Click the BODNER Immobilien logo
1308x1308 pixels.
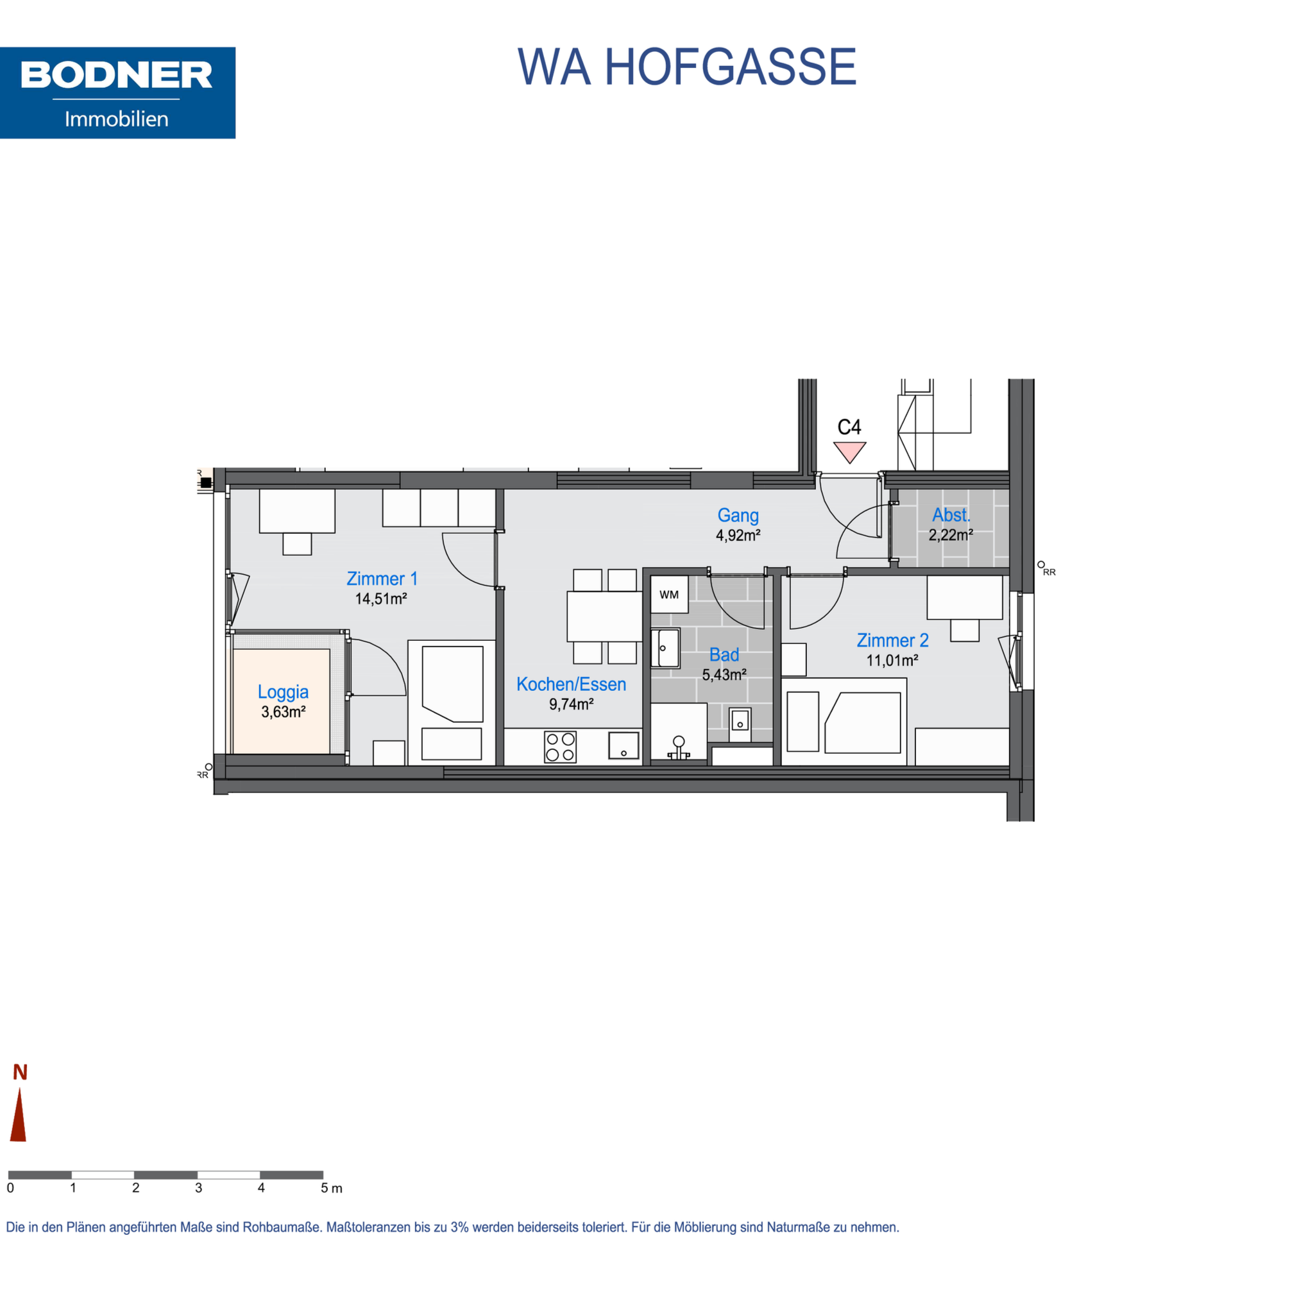click(117, 93)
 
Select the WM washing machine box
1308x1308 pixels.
click(669, 595)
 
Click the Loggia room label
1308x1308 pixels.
click(283, 692)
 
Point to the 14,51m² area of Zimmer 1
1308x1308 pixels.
click(381, 599)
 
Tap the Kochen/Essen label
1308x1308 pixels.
click(571, 684)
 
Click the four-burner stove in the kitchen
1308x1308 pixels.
click(561, 747)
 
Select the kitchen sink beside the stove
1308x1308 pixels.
click(624, 745)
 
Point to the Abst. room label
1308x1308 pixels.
click(951, 514)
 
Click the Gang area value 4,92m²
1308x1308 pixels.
click(738, 535)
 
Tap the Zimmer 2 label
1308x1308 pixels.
click(892, 640)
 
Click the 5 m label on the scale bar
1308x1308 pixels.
click(331, 1188)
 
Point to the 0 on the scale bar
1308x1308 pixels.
click(10, 1188)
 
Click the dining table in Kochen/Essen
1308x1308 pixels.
click(604, 616)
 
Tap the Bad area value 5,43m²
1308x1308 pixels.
click(724, 675)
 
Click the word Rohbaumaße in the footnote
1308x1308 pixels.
click(282, 1227)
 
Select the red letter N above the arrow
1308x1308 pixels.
click(21, 1073)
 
